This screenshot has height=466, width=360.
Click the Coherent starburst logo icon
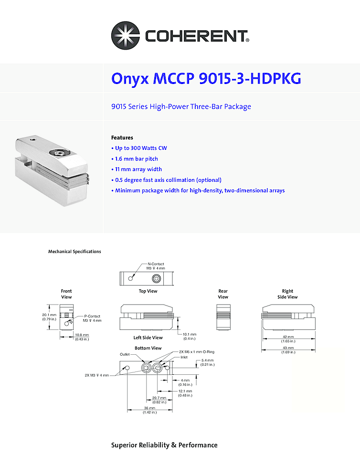click(x=126, y=35)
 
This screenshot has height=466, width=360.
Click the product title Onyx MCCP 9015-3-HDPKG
click(x=206, y=78)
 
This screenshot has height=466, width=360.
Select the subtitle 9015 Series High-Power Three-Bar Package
click(x=181, y=106)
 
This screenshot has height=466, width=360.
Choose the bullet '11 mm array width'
click(x=138, y=169)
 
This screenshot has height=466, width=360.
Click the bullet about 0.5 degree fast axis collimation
click(x=168, y=180)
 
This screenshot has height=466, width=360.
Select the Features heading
click(x=122, y=138)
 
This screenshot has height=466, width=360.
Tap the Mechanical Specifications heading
click(x=74, y=252)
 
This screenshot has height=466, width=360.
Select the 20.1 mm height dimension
click(x=50, y=317)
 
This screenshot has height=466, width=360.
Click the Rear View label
click(x=223, y=294)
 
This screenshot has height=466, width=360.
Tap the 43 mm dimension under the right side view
click(x=287, y=350)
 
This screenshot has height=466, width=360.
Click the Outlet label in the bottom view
click(x=125, y=354)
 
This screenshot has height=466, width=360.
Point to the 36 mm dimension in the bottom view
click(x=149, y=410)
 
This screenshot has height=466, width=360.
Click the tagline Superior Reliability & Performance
click(x=164, y=445)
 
